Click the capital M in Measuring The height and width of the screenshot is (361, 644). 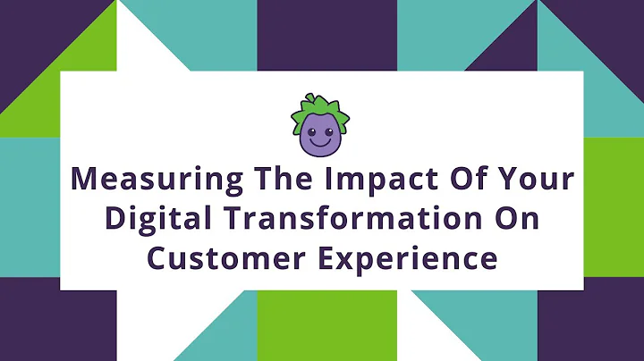coord(85,178)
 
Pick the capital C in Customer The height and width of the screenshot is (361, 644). coord(159,259)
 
